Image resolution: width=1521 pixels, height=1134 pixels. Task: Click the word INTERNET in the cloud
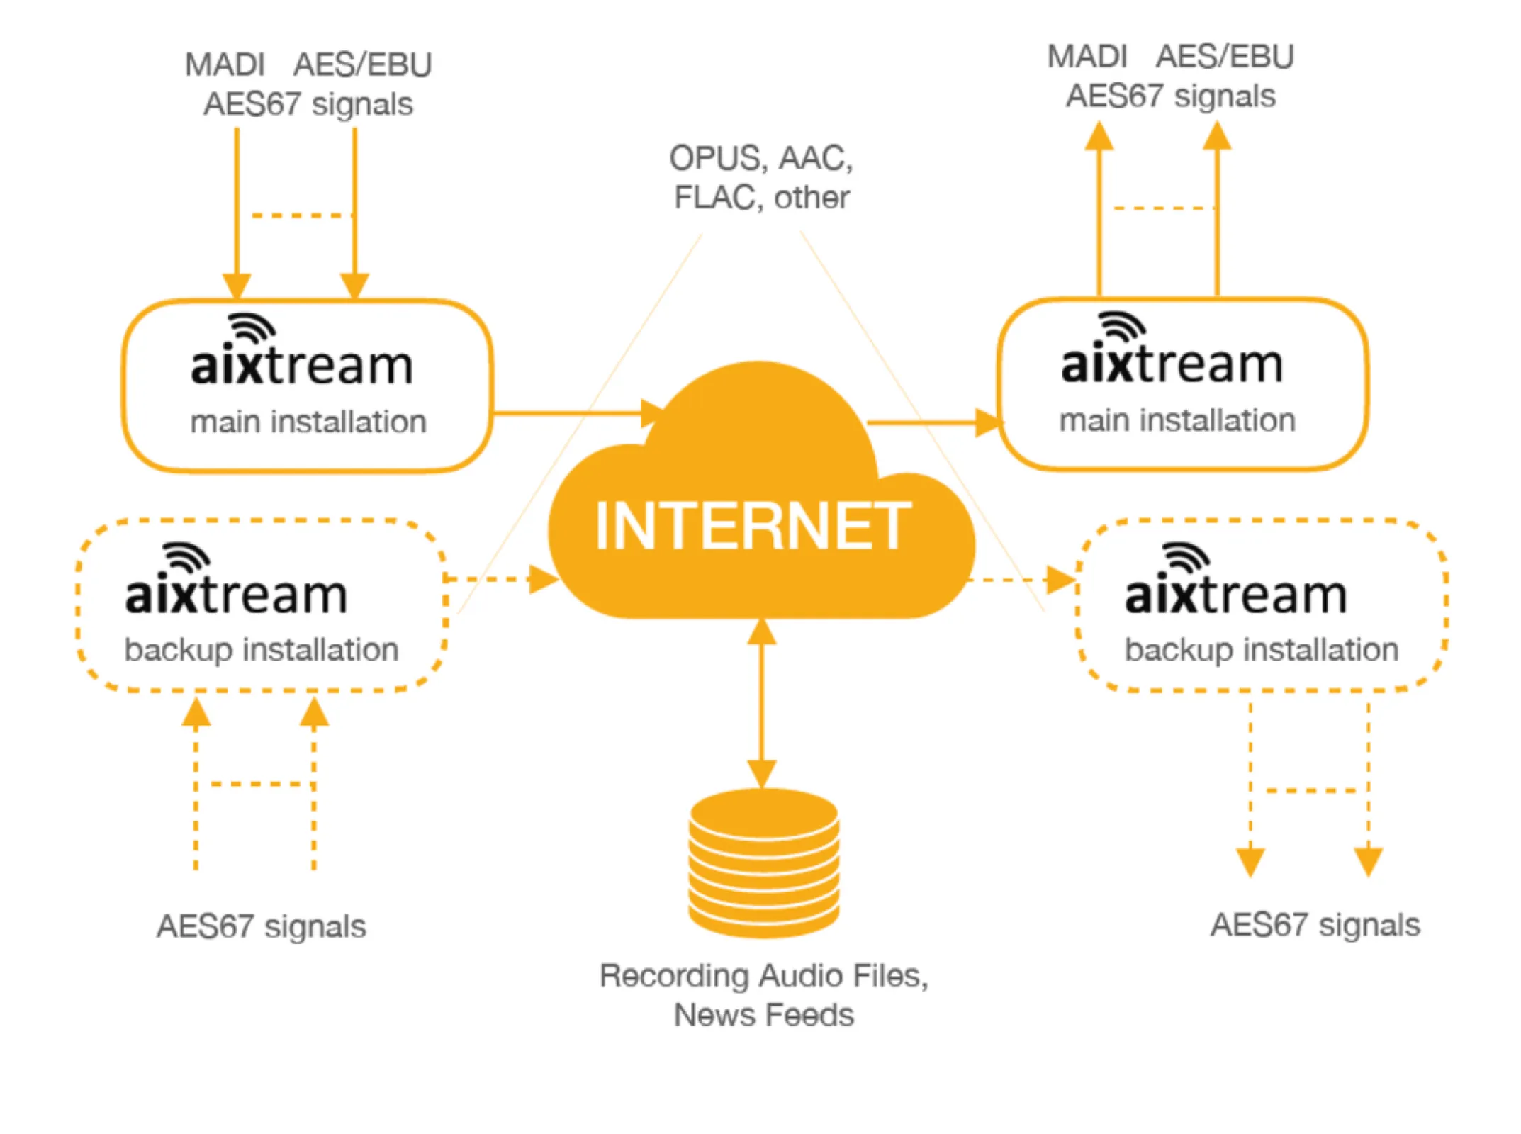pyautogui.click(x=752, y=525)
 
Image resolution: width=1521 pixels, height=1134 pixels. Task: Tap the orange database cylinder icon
pyautogui.click(x=763, y=863)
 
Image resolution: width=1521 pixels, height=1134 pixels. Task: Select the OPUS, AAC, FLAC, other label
pyautogui.click(x=761, y=177)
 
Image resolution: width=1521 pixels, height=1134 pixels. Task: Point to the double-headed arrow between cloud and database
pyautogui.click(x=762, y=702)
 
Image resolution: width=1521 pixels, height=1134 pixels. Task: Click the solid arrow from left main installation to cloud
pyautogui.click(x=574, y=412)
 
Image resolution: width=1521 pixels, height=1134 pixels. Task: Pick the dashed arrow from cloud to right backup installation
pyautogui.click(x=1021, y=580)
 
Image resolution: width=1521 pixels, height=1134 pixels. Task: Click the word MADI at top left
pyautogui.click(x=225, y=65)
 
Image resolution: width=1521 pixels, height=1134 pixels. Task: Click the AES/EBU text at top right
pyautogui.click(x=1224, y=57)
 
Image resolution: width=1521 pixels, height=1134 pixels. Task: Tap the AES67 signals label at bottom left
pyautogui.click(x=261, y=926)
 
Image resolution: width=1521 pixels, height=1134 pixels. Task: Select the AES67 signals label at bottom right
pyautogui.click(x=1315, y=924)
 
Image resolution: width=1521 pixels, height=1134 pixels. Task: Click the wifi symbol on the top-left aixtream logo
pyautogui.click(x=252, y=328)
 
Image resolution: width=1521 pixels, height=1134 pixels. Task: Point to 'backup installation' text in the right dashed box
pyautogui.click(x=1261, y=649)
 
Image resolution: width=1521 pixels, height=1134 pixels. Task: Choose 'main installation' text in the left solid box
pyautogui.click(x=308, y=422)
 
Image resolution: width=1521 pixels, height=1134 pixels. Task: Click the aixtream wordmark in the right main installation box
pyautogui.click(x=1172, y=364)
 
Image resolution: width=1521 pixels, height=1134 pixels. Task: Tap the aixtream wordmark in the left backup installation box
pyautogui.click(x=236, y=594)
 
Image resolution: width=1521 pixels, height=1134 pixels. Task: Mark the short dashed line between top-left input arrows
pyautogui.click(x=301, y=215)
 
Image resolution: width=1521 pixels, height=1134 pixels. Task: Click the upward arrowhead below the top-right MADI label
pyautogui.click(x=1099, y=136)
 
